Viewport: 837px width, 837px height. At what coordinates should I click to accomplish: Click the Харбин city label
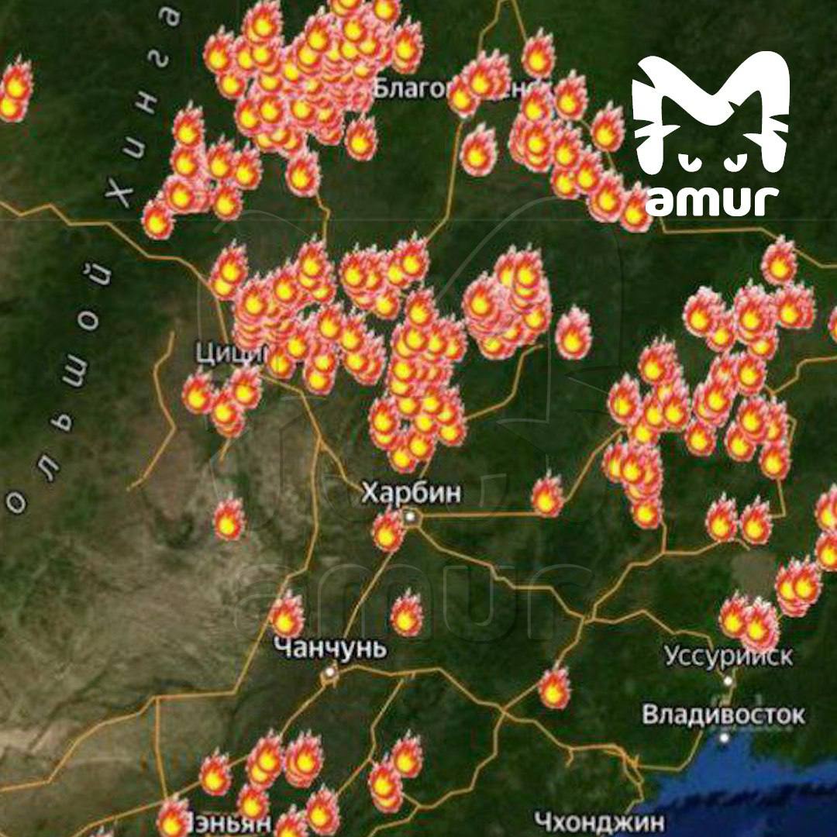(x=411, y=493)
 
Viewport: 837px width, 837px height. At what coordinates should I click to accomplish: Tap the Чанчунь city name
(x=331, y=648)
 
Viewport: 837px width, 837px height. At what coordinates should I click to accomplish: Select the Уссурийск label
(x=728, y=656)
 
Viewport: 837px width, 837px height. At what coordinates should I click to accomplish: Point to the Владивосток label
(x=724, y=714)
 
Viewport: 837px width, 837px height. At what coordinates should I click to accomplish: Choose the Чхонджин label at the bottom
(x=599, y=821)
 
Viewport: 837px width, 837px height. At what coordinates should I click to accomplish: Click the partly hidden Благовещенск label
(x=422, y=89)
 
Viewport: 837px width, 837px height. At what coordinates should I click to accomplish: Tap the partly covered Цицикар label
(x=229, y=353)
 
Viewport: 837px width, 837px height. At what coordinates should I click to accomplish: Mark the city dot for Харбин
(x=410, y=515)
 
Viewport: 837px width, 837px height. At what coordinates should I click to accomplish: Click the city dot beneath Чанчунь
(x=330, y=673)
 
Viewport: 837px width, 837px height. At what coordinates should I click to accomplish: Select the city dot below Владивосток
(x=724, y=737)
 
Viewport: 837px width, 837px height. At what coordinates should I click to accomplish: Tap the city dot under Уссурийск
(x=728, y=680)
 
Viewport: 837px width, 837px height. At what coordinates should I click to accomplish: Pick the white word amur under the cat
(x=711, y=199)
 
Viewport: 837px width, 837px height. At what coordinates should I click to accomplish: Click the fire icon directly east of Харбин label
(x=547, y=496)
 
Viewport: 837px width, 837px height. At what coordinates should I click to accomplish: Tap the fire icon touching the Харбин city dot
(x=387, y=532)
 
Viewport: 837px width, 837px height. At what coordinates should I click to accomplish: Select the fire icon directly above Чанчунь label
(x=287, y=616)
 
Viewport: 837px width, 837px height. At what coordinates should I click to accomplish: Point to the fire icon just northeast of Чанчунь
(x=406, y=614)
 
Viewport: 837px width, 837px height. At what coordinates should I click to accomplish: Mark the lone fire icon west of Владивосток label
(x=554, y=688)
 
